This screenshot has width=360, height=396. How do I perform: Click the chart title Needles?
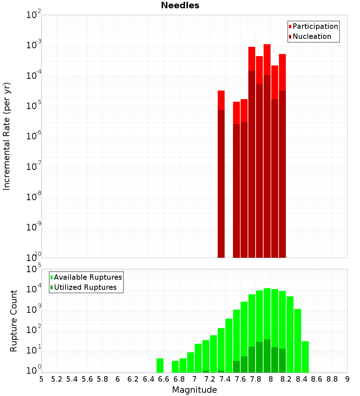coord(180,5)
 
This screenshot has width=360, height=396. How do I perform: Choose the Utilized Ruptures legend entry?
coord(85,287)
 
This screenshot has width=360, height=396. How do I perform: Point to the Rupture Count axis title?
coord(14,321)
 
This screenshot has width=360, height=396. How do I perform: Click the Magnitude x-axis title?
coord(194,390)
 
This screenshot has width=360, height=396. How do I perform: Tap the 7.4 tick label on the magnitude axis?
coord(225,379)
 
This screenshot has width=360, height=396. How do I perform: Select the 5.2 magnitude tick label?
coord(57,379)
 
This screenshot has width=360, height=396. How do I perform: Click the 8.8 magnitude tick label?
coord(332,379)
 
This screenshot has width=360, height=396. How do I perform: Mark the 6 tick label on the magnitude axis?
coord(118,379)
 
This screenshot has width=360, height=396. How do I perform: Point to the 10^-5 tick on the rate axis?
coord(34,105)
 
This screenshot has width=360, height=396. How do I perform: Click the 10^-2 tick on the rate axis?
coord(34,15)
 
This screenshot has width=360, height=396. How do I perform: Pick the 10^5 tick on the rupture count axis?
coord(34,269)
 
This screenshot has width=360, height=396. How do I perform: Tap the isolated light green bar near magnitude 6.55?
coord(160,365)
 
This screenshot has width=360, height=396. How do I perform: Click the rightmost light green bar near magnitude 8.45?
coord(305,357)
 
